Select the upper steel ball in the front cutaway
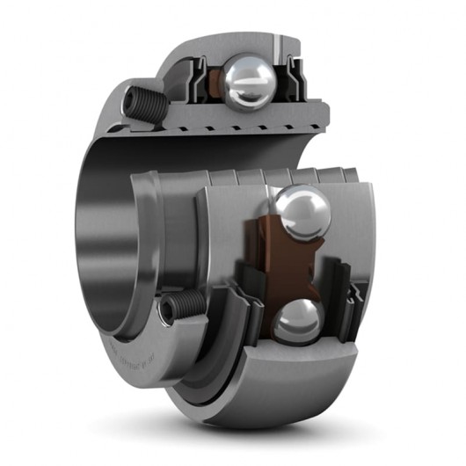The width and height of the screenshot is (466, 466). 300,213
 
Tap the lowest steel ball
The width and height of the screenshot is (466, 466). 295,323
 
